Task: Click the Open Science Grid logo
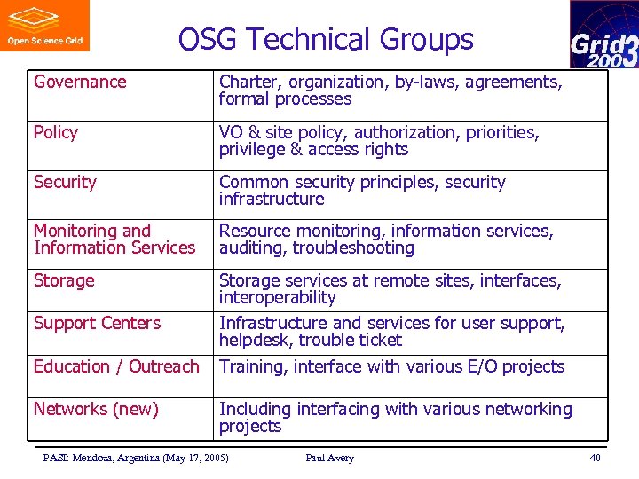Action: click(x=44, y=26)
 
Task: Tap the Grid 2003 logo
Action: click(x=603, y=35)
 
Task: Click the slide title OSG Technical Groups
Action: click(x=326, y=40)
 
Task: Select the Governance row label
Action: click(x=80, y=82)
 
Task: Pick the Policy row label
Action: click(x=56, y=133)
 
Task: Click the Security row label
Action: click(x=65, y=183)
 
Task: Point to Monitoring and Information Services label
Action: click(x=114, y=239)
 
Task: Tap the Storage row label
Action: click(x=64, y=281)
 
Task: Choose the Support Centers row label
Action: click(x=97, y=324)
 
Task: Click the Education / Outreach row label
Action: click(x=116, y=367)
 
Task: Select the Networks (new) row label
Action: click(x=96, y=410)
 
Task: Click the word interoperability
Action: click(x=278, y=298)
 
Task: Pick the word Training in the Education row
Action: click(x=253, y=367)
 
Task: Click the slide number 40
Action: click(x=595, y=458)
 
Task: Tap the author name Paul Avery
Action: click(x=329, y=458)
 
